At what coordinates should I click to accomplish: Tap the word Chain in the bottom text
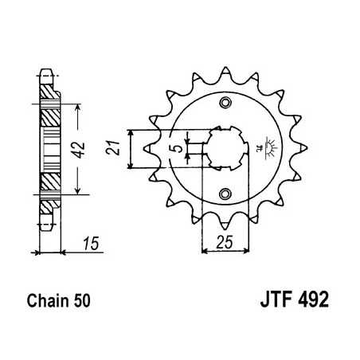point(56,303)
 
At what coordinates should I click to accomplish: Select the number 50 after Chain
point(89,303)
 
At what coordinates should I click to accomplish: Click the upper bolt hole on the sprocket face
point(226,104)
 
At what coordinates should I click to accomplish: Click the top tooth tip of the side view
point(50,69)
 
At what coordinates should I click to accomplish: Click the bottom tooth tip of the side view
point(50,227)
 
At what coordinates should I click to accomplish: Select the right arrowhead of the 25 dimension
point(242,251)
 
